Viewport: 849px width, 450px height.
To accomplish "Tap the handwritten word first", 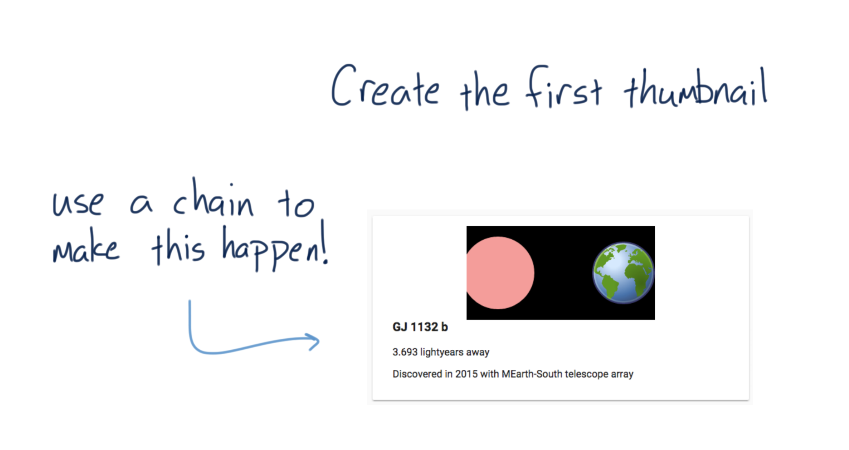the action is click(564, 86).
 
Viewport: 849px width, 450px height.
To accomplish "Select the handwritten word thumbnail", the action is click(696, 87).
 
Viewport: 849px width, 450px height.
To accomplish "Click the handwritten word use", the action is click(78, 203).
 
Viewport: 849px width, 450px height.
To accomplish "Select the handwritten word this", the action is click(178, 246).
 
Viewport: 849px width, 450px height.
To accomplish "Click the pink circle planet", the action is click(500, 273).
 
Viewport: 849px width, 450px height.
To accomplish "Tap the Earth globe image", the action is click(623, 273).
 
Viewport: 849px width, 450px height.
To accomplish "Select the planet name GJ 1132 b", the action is click(420, 327).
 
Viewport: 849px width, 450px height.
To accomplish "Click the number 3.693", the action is click(405, 352).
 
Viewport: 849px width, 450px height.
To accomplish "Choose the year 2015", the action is click(466, 374).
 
